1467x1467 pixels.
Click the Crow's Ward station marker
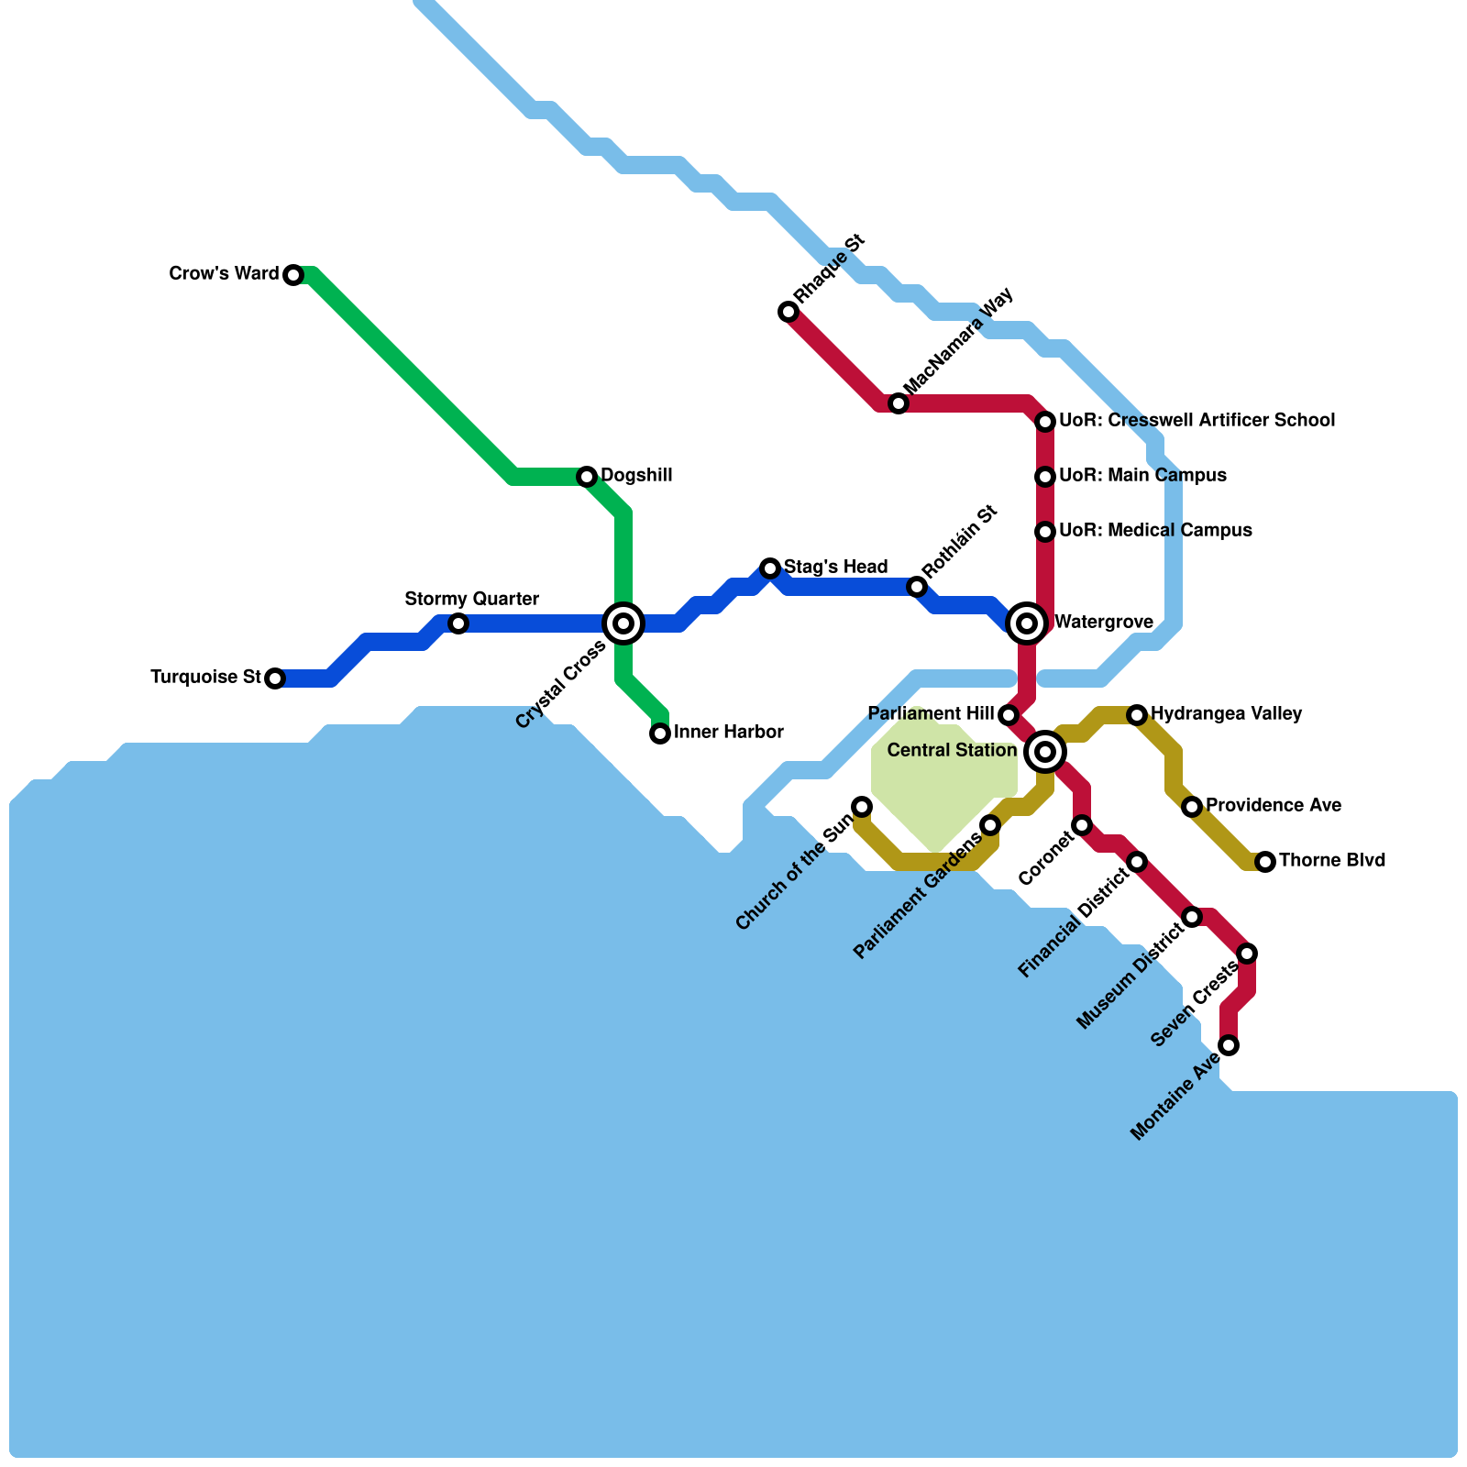pos(293,275)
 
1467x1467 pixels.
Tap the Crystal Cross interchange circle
pos(623,623)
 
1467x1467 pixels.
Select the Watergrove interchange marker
pos(1027,623)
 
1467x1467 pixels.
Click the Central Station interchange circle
pos(1044,752)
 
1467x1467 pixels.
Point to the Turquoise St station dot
pos(275,678)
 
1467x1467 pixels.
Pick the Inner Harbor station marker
pos(660,733)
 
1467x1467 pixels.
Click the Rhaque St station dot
pos(789,312)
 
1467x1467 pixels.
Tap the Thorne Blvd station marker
pos(1265,862)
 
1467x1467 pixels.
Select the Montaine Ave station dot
pos(1229,1045)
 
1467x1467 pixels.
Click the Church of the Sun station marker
pos(862,807)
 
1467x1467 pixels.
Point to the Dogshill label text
pos(636,476)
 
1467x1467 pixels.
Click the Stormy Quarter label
pos(471,600)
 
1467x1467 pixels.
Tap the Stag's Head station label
pos(835,567)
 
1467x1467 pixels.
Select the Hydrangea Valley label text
pos(1226,713)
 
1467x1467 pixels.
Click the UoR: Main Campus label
pos(1142,475)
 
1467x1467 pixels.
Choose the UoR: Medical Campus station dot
pos(1045,532)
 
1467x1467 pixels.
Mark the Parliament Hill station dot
pos(1009,715)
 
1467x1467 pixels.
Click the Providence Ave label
pos(1273,805)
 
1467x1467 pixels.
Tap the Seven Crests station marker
pos(1247,954)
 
